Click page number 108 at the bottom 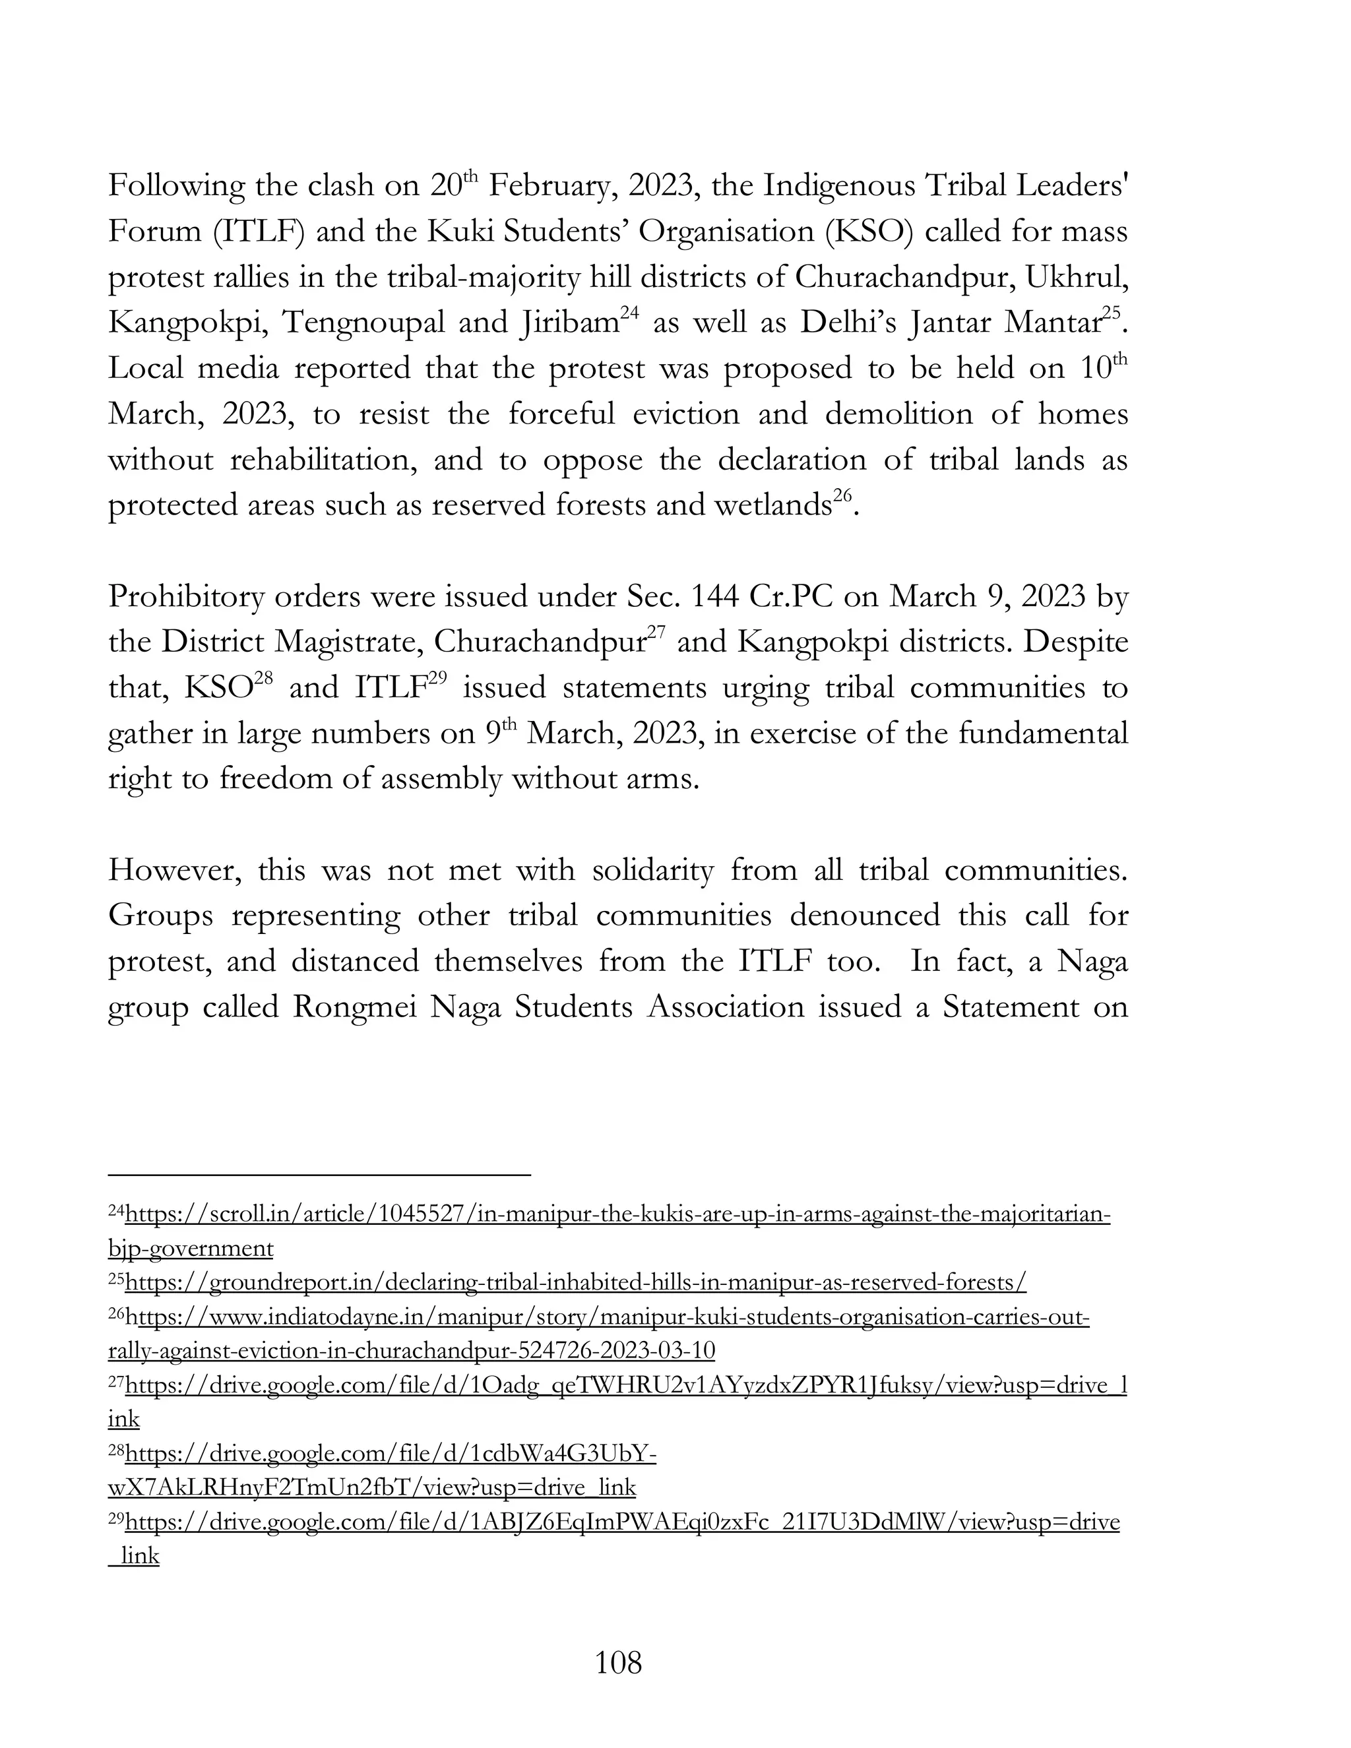(618, 1663)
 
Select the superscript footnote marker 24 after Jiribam (629, 314)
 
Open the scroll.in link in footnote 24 (616, 1215)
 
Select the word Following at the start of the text (176, 186)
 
